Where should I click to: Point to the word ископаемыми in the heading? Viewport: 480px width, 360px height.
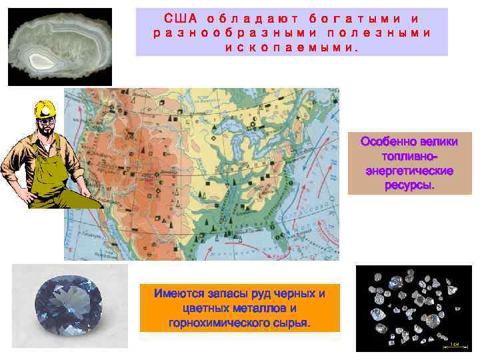tap(291, 48)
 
